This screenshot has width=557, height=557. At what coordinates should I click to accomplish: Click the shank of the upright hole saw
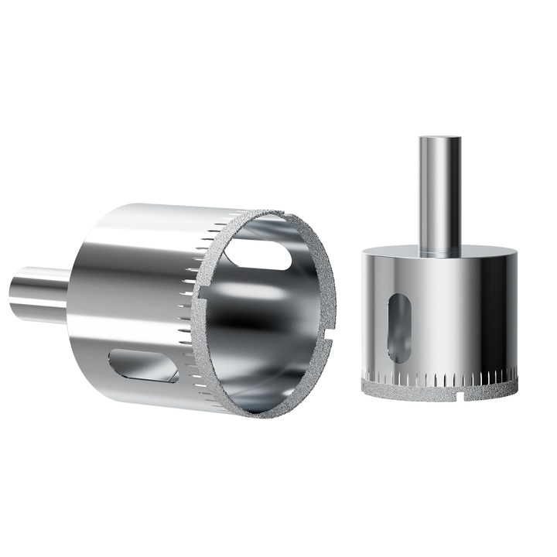(439, 193)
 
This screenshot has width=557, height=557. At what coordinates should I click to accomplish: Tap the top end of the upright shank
(439, 140)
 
